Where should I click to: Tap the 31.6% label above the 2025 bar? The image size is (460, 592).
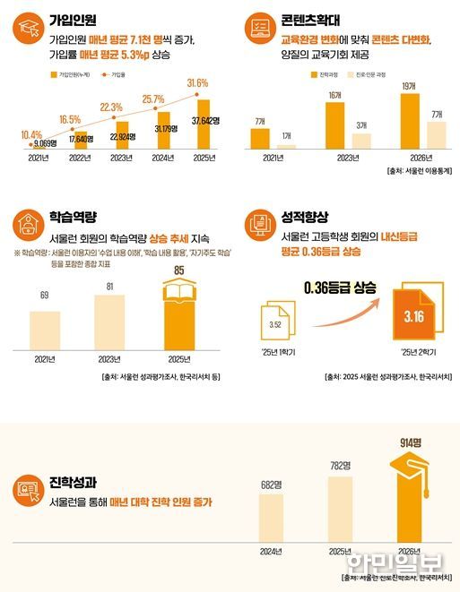pos(197,83)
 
